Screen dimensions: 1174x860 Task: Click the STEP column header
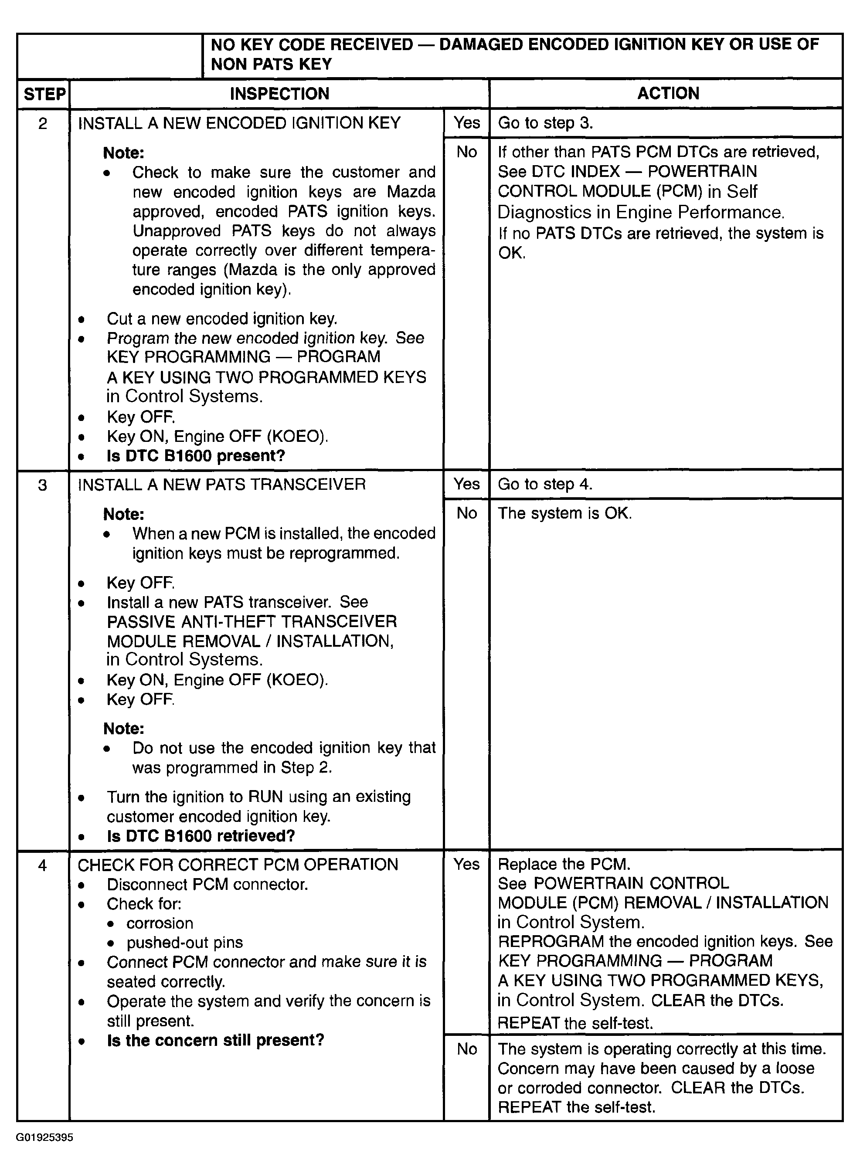pos(44,94)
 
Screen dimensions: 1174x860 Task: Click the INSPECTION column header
pos(279,94)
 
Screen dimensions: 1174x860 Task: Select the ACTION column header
pos(668,93)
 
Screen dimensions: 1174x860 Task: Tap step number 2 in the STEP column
pos(43,123)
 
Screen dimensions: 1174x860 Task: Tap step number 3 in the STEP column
pos(43,485)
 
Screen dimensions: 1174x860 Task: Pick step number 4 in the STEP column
pos(43,865)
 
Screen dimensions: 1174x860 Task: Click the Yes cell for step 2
pos(466,123)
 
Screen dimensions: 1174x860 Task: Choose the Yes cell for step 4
pos(466,864)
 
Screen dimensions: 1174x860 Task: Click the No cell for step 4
pos(466,1049)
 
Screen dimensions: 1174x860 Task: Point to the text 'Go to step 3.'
pos(545,123)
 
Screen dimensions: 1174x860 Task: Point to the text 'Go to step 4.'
pos(545,485)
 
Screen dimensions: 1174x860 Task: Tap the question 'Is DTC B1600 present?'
pos(196,456)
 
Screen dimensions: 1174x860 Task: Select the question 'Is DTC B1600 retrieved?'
pos(201,836)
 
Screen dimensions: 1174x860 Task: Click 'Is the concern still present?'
pos(215,1040)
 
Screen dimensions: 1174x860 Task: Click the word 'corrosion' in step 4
pos(160,923)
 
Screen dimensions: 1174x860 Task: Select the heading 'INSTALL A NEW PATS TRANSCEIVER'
pos(222,485)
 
